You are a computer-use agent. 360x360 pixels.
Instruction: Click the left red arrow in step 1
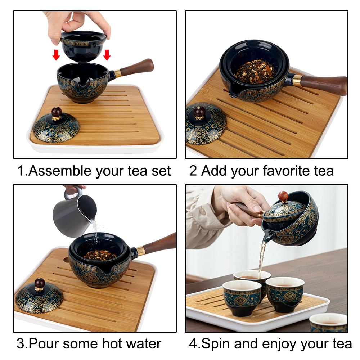pyautogui.click(x=56, y=55)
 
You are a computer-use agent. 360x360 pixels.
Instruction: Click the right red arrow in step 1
pyautogui.click(x=107, y=55)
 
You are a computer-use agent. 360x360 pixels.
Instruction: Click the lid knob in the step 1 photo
pyautogui.click(x=56, y=112)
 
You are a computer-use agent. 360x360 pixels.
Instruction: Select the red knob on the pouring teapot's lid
pyautogui.click(x=283, y=196)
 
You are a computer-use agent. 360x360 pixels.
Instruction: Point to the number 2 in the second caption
pyautogui.click(x=193, y=171)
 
